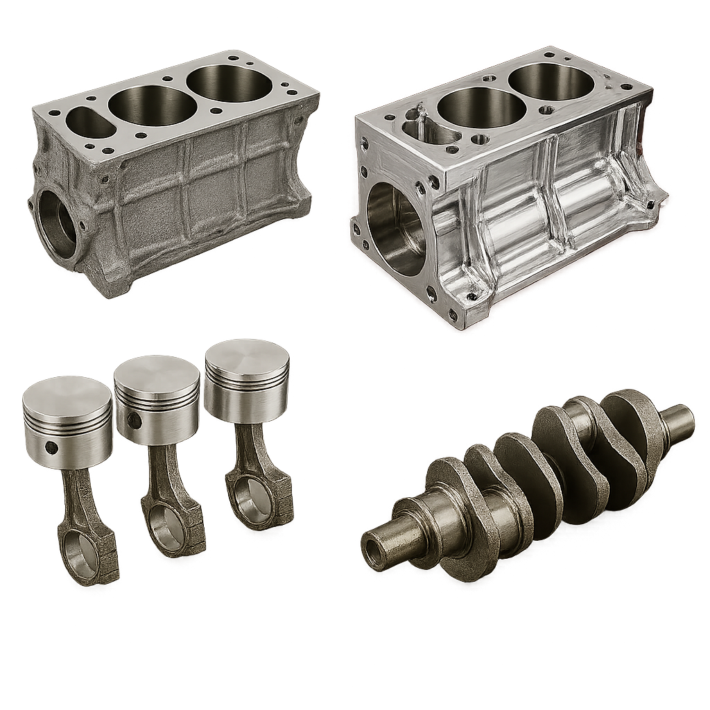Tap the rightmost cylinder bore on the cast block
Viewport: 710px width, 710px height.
230,83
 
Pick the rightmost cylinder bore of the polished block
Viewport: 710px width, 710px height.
551,82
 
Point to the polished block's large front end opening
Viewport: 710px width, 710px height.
395,229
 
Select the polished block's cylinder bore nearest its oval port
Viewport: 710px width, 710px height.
481,107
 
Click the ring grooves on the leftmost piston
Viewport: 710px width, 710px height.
67,420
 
